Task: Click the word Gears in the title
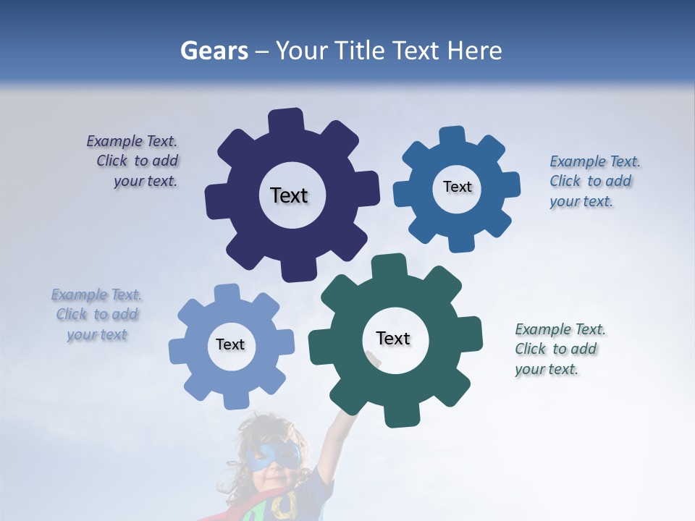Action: [x=214, y=51]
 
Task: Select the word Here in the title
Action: [x=474, y=51]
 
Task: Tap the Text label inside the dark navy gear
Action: [x=289, y=195]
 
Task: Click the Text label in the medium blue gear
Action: [x=457, y=187]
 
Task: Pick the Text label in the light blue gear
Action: [x=230, y=344]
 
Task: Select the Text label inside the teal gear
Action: [x=393, y=338]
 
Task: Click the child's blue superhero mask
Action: [x=273, y=456]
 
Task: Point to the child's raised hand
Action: [x=373, y=358]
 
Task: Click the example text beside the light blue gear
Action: [x=97, y=315]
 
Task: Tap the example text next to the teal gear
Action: [x=557, y=349]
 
